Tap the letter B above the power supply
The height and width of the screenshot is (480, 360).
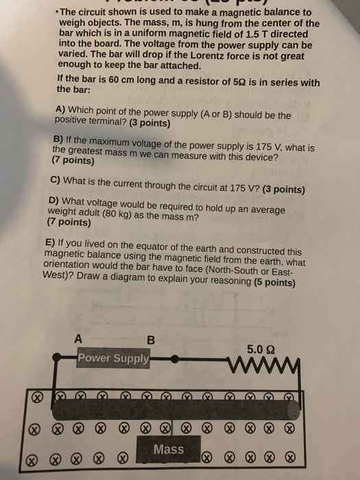point(152,339)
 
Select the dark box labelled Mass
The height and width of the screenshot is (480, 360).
point(169,451)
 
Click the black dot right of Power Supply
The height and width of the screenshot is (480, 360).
point(175,359)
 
